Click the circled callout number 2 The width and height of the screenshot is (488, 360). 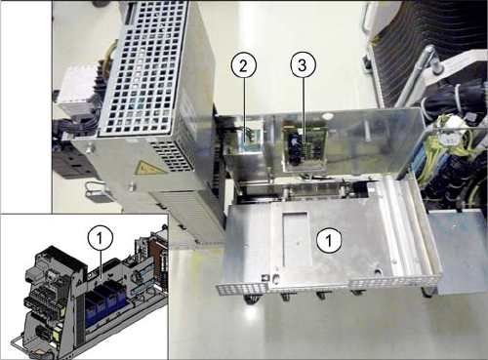click(244, 65)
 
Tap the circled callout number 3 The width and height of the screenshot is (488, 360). click(303, 65)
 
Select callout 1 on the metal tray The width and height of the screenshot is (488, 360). click(329, 241)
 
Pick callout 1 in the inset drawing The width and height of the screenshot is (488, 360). click(100, 239)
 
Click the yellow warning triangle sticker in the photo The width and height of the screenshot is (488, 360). click(144, 167)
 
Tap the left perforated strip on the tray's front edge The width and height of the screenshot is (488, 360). click(242, 288)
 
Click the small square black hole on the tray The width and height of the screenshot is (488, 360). click(265, 277)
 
